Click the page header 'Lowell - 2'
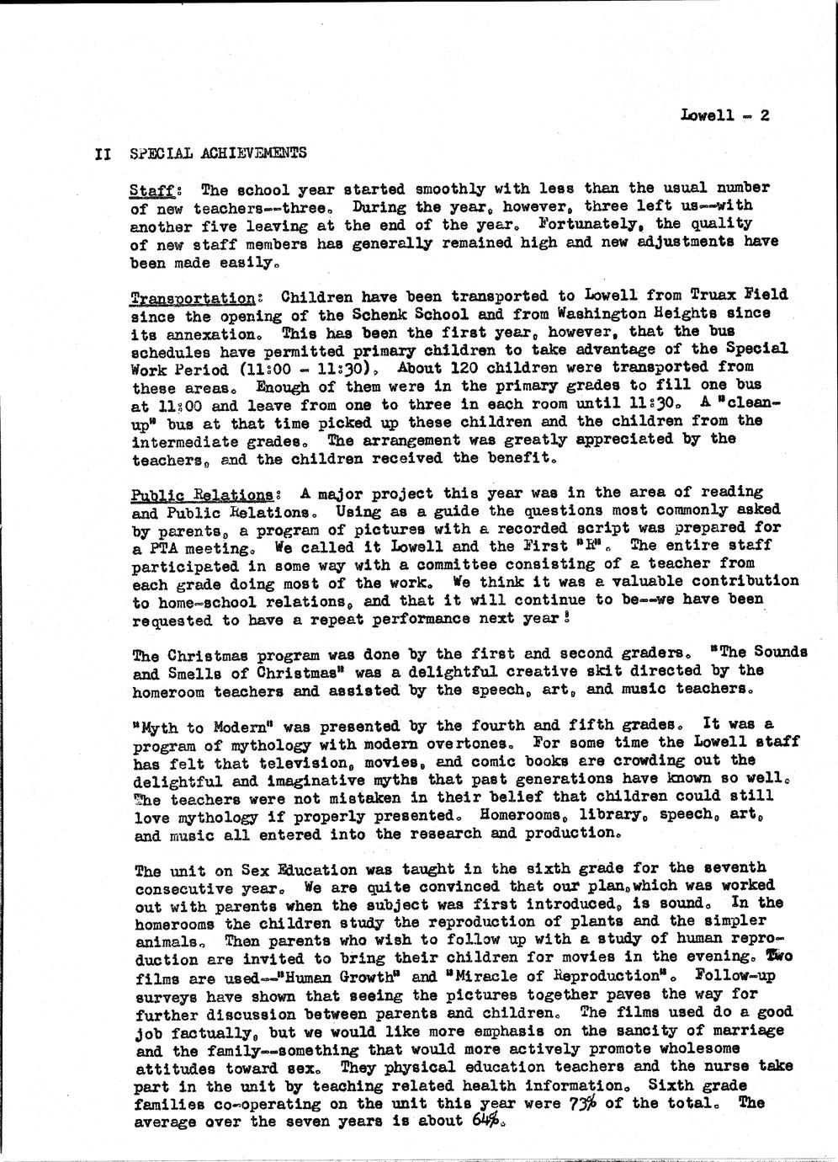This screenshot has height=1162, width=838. tap(724, 116)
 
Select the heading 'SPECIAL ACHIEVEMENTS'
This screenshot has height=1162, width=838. tap(219, 153)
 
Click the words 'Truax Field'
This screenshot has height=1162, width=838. tap(738, 296)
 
